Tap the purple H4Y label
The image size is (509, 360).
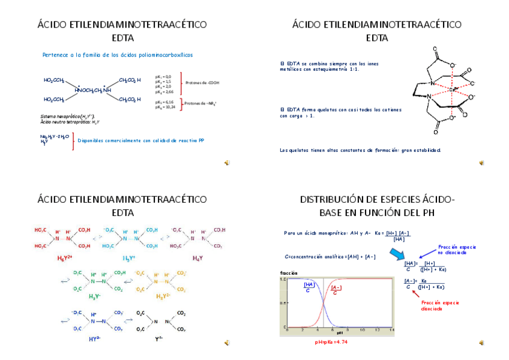(x=197, y=258)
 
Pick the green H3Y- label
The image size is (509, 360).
(x=95, y=296)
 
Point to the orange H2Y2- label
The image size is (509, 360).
(x=163, y=296)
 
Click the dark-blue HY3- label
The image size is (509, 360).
(x=94, y=339)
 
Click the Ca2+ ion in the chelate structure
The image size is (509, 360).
(x=454, y=89)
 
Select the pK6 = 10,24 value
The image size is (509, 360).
(x=164, y=107)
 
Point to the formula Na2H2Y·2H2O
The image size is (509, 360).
(x=55, y=136)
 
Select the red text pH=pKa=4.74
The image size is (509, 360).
(x=331, y=342)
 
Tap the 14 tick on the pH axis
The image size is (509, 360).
(x=391, y=330)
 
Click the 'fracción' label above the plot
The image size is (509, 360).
(x=289, y=273)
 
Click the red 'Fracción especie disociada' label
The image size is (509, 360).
(x=440, y=305)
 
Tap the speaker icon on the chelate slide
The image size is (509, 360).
(x=481, y=163)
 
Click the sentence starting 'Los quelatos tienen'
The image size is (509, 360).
(x=360, y=150)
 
